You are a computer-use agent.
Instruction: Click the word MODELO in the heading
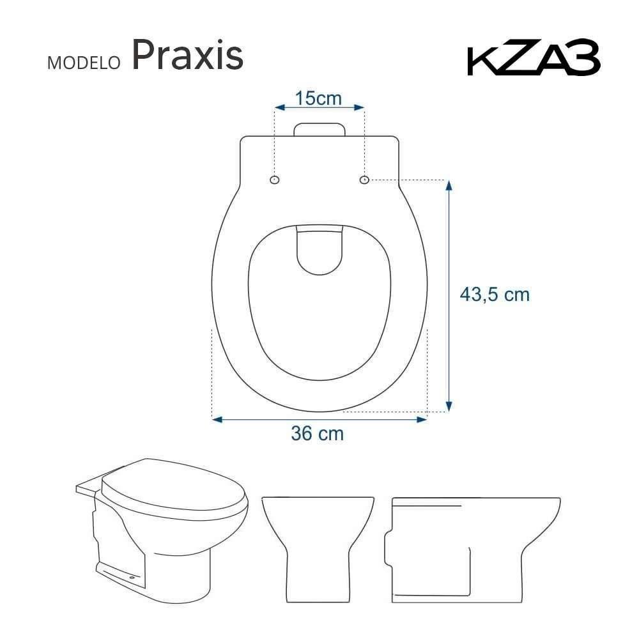(x=84, y=63)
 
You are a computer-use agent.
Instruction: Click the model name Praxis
(x=188, y=56)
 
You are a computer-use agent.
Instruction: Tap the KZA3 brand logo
(x=534, y=60)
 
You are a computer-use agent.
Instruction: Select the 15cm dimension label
(x=319, y=98)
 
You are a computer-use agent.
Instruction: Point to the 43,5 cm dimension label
(x=495, y=295)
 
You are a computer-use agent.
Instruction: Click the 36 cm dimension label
(x=318, y=434)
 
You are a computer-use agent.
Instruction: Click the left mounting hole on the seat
(x=275, y=180)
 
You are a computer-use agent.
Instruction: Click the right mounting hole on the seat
(x=364, y=180)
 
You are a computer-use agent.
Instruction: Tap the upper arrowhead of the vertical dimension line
(x=449, y=185)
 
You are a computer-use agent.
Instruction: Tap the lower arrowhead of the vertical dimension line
(x=449, y=406)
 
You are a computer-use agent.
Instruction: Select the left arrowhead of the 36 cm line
(x=217, y=419)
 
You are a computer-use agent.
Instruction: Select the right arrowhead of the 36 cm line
(x=421, y=419)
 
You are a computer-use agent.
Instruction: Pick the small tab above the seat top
(x=319, y=128)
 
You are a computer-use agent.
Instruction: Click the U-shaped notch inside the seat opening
(x=319, y=250)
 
